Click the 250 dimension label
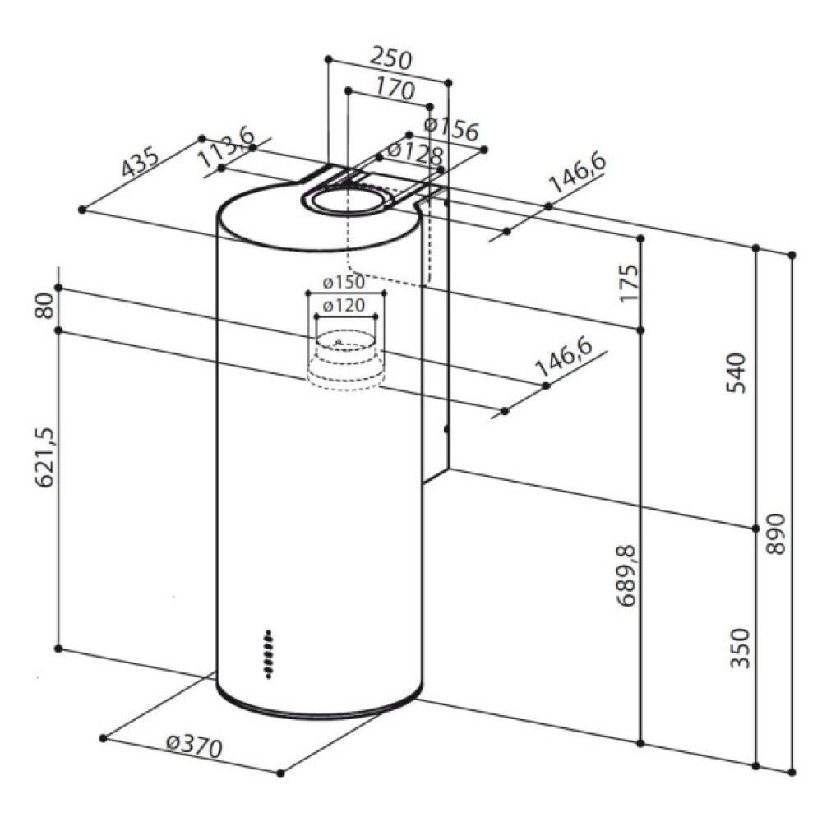tap(390, 60)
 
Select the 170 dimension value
tap(395, 88)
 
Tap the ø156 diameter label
tap(451, 128)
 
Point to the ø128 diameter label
tap(415, 153)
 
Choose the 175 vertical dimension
tap(629, 283)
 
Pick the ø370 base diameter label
tap(195, 746)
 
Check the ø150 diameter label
tap(344, 283)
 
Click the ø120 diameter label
tap(344, 306)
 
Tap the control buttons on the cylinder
tap(269, 654)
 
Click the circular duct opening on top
tap(345, 201)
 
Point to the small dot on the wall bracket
tap(445, 428)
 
